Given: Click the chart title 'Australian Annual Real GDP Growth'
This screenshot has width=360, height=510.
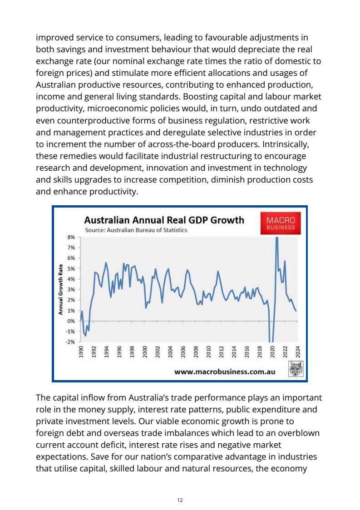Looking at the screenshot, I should [x=164, y=220].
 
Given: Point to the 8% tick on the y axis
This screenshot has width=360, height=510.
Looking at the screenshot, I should [x=71, y=237].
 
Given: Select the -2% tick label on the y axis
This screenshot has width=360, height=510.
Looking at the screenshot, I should [x=70, y=342].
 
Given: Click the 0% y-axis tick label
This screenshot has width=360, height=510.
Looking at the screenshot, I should [x=71, y=321].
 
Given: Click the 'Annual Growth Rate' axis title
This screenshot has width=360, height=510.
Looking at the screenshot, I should [x=60, y=289].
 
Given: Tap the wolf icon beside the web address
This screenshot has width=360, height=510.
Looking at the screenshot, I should [x=296, y=370].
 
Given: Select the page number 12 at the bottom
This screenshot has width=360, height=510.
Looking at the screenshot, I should [x=180, y=500].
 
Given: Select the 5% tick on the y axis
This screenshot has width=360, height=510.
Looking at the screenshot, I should [x=71, y=268].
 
